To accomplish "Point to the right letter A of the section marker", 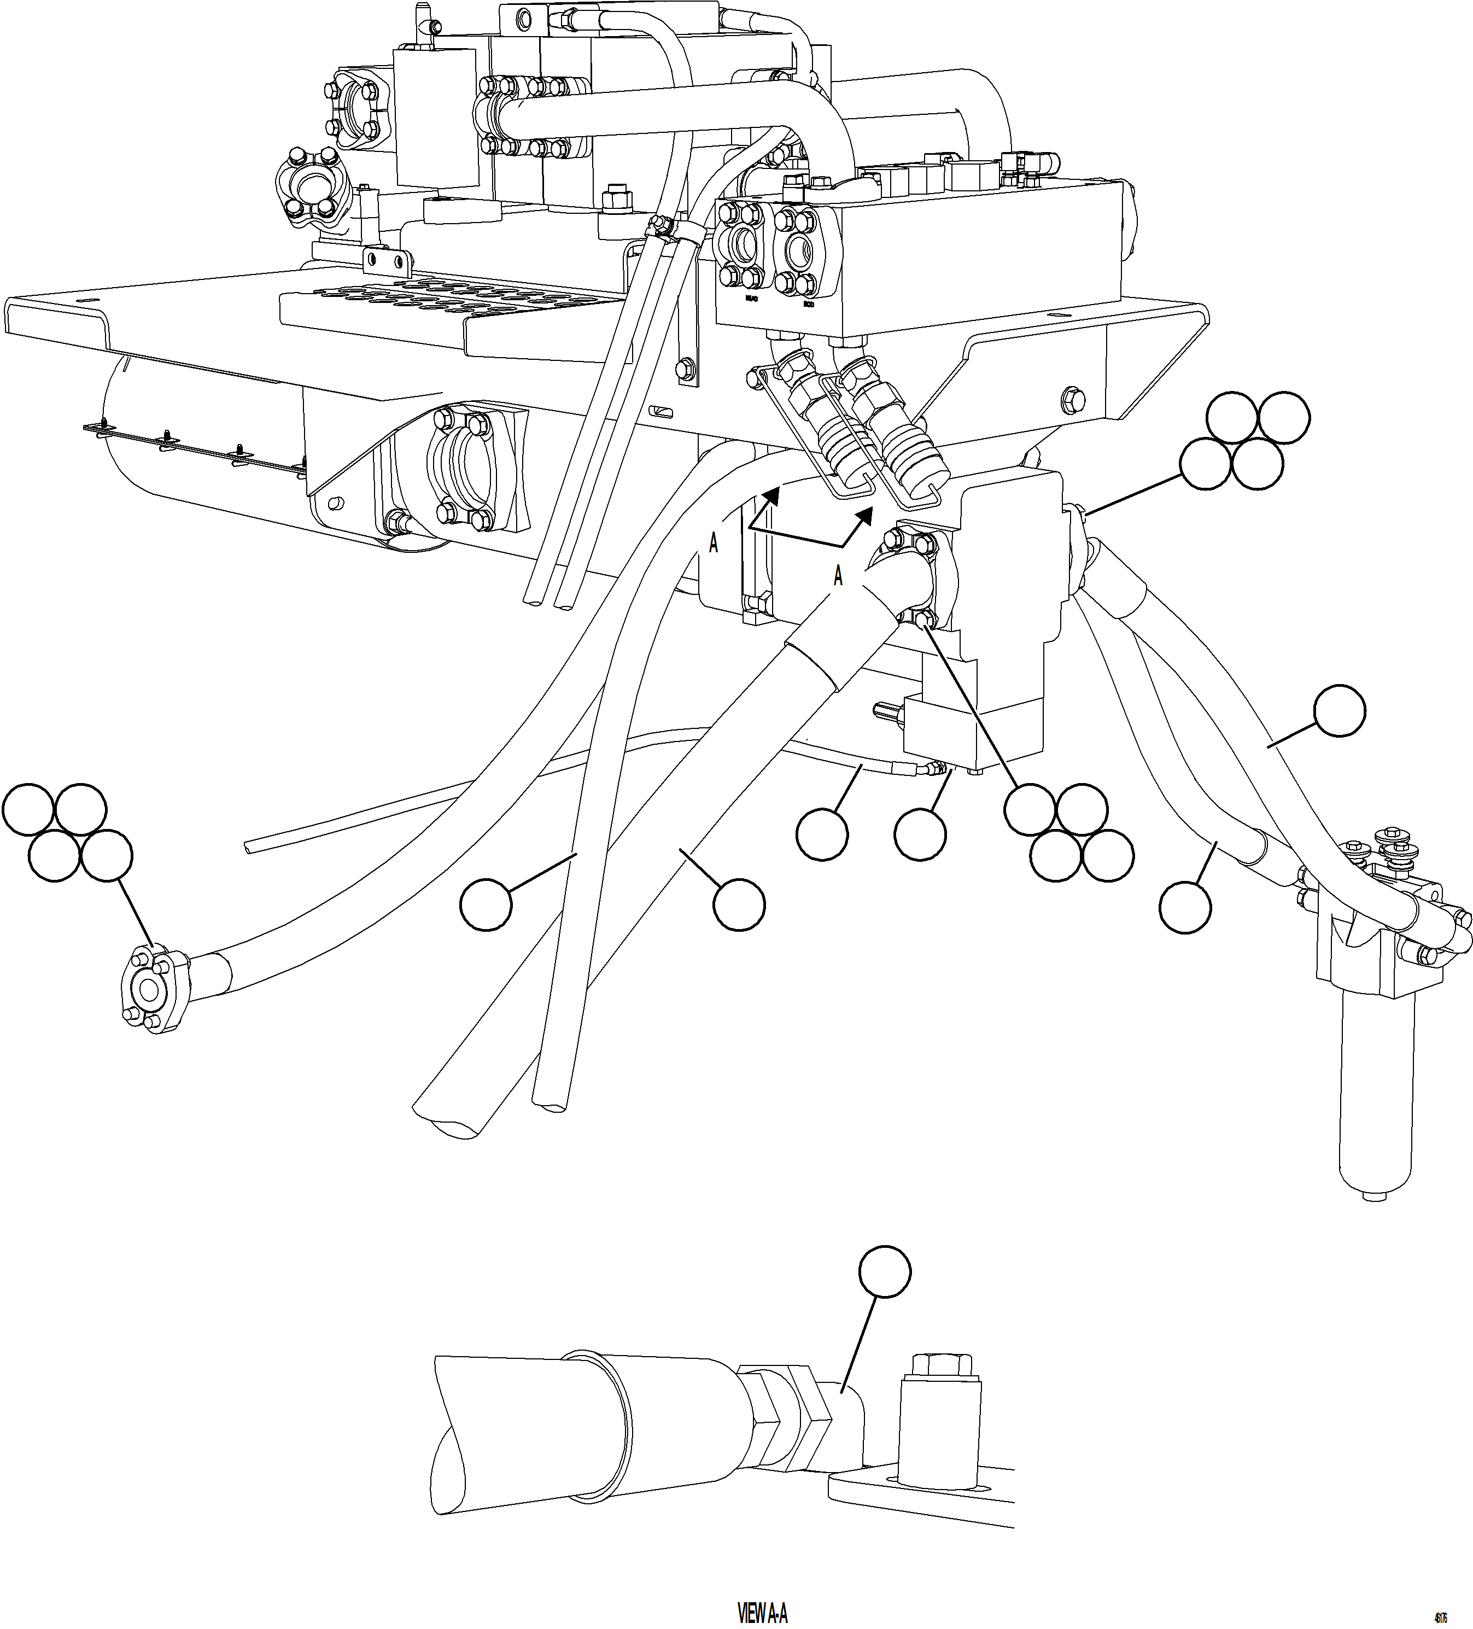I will point(838,576).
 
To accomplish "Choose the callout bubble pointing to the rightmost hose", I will point(1339,711).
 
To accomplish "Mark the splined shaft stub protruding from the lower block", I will point(889,710).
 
